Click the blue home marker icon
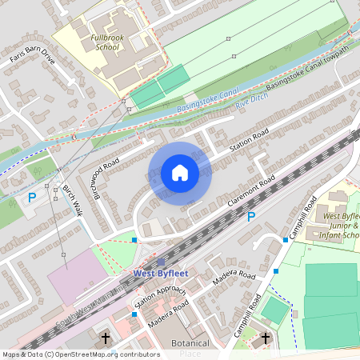[180, 173]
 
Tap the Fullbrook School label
[106, 42]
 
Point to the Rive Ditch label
[253, 95]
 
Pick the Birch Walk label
[72, 203]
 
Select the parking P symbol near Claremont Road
[250, 216]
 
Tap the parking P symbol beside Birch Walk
[32, 197]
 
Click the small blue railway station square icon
[161, 262]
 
